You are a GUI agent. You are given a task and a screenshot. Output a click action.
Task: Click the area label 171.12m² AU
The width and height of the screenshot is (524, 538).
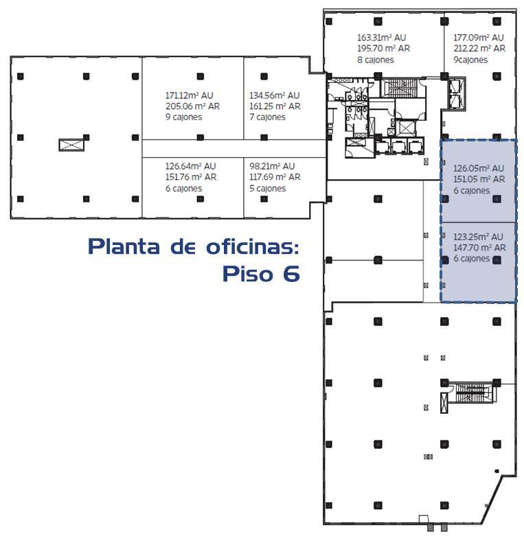[x=190, y=95]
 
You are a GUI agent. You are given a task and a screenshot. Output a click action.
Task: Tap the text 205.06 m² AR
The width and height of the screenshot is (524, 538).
[x=192, y=106]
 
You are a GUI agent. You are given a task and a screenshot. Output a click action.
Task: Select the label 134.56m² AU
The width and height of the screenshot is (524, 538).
[x=275, y=95]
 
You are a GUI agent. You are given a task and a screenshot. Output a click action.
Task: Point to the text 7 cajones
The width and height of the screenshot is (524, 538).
[x=268, y=117]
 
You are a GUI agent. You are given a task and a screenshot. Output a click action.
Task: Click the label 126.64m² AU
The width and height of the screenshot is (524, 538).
[x=191, y=166]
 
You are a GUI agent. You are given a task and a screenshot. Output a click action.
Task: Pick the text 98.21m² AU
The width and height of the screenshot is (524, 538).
[x=272, y=166]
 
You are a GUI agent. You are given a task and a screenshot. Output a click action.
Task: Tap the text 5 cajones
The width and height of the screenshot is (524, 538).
[x=268, y=188]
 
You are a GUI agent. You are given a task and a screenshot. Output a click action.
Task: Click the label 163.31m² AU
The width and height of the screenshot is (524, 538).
[x=382, y=38]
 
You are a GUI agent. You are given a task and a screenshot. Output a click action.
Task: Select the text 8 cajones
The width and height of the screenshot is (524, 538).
[x=375, y=60]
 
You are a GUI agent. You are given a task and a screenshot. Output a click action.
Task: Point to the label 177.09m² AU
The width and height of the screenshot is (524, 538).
[x=479, y=38]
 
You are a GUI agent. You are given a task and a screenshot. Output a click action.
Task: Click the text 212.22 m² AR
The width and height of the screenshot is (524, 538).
[x=479, y=49]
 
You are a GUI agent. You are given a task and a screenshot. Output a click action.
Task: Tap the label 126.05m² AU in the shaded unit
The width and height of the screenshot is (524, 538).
[x=479, y=169]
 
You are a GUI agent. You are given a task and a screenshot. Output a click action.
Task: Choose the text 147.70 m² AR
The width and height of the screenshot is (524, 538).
[x=479, y=248]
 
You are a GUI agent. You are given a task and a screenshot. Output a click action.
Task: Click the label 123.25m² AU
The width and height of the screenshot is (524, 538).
[x=478, y=237]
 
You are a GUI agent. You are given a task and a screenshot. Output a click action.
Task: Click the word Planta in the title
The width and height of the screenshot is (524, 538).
[x=124, y=246]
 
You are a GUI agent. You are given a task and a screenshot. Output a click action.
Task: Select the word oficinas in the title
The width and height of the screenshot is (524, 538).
[x=253, y=246]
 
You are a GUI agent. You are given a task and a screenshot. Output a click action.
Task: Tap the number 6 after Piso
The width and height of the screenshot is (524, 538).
[x=291, y=274]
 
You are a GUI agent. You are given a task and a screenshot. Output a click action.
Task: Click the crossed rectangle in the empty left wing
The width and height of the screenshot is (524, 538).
[x=71, y=145]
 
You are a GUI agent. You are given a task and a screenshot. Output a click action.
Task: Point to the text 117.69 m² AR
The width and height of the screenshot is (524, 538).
[x=275, y=177]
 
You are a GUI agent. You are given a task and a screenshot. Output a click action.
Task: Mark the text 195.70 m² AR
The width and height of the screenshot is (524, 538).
[x=383, y=49]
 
